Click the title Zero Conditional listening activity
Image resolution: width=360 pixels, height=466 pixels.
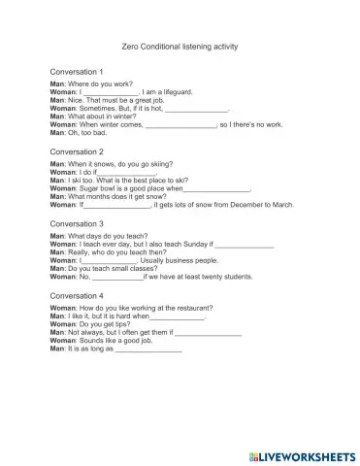pyautogui.click(x=181, y=46)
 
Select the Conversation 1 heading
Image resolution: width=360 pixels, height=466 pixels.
pyautogui.click(x=77, y=72)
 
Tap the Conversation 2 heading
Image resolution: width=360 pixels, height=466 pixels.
pyautogui.click(x=77, y=151)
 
